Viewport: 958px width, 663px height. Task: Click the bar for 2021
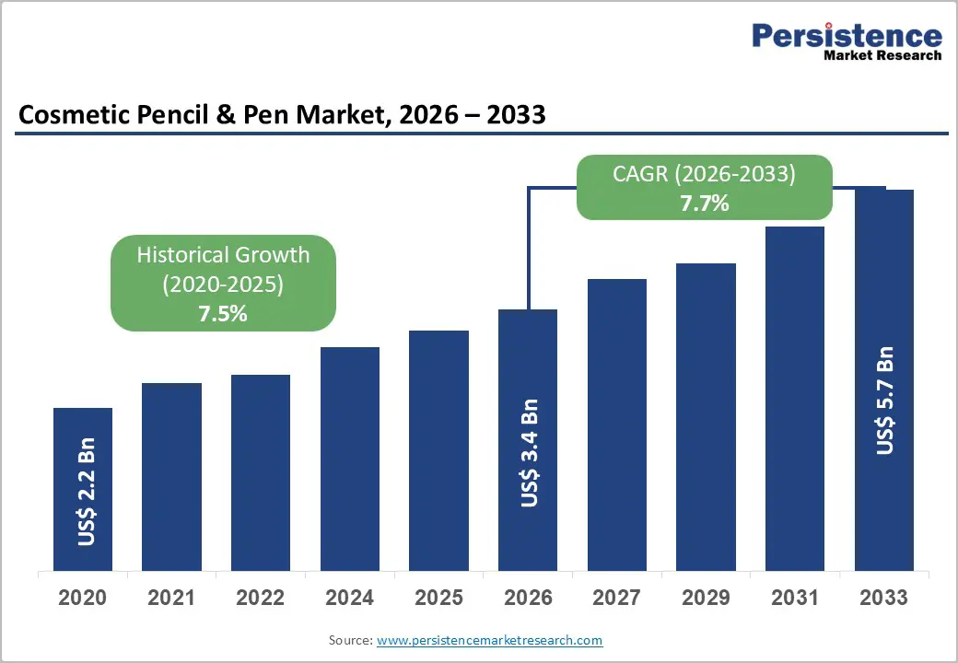point(171,476)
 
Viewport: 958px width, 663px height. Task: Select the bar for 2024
point(350,459)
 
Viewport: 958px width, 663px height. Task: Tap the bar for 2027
point(617,425)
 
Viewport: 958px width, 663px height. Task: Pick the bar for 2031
point(795,398)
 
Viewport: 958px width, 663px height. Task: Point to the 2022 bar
point(261,472)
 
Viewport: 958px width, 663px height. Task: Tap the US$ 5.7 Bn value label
point(885,401)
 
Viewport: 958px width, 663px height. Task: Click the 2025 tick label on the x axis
point(439,598)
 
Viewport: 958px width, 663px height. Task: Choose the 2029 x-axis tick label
point(707,598)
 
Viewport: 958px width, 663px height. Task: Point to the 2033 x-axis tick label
point(884,598)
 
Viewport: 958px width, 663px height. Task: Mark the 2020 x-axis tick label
point(83,598)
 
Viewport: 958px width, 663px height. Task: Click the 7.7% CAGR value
point(705,204)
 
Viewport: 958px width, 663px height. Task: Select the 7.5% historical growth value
point(223,313)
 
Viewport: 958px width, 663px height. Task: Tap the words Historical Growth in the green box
point(223,255)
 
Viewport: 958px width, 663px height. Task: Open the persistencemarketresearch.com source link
point(490,639)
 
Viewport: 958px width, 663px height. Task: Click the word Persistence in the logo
point(847,36)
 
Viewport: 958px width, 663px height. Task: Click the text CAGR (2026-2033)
point(705,174)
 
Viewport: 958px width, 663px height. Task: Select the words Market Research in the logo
point(882,55)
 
